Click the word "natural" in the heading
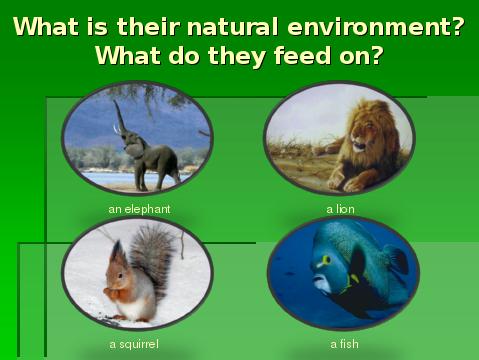232,27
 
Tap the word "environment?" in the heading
376,27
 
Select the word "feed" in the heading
302,55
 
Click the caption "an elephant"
139,209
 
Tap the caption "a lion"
340,209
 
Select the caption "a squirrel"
134,344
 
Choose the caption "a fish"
344,344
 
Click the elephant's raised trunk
120,118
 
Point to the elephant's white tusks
116,129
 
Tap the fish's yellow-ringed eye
326,260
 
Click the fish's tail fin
397,259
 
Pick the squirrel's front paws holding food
112,292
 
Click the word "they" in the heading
237,56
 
